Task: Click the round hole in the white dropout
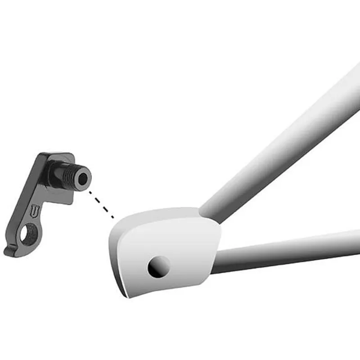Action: (159, 267)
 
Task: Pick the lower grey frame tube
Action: (288, 252)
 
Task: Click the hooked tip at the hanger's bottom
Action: (10, 252)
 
